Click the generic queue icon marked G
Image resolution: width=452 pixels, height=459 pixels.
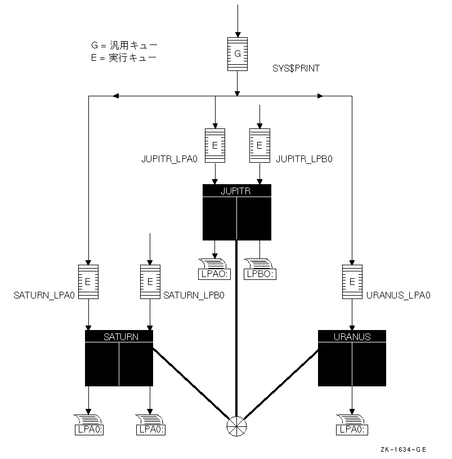pos(237,54)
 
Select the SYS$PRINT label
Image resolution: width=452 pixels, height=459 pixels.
pos(296,68)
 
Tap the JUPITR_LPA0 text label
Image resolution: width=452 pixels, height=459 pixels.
pos(169,159)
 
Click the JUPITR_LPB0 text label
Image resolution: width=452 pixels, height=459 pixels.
pos(305,159)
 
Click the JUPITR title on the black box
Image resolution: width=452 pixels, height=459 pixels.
pos(236,191)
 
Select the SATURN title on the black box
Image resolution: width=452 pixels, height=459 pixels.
pos(119,337)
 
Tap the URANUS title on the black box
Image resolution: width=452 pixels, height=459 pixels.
pos(352,337)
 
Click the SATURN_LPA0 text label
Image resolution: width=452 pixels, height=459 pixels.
pos(44,295)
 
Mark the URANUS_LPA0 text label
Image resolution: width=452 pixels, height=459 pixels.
pos(398,295)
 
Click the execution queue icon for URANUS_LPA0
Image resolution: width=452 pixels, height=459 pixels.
pos(352,282)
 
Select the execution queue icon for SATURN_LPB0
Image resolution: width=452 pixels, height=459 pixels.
pos(150,282)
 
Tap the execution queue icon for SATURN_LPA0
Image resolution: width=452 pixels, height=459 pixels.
pos(88,282)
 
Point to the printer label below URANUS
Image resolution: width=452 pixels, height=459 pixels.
pos(352,430)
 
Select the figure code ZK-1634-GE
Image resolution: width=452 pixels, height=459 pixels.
pos(402,449)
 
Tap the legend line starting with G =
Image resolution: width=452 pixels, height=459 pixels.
pos(124,46)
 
